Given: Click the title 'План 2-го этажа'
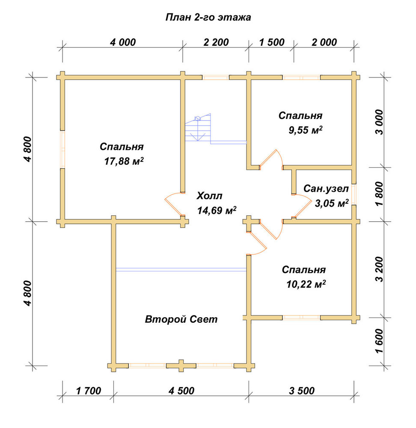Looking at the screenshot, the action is point(208,18).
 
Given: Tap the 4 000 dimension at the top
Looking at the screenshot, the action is point(123,42).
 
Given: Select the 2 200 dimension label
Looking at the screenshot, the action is point(216,42).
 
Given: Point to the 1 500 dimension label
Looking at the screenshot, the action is point(272,42).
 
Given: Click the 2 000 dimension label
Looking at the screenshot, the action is point(324,42).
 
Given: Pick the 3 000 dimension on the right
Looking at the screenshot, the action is point(380,122).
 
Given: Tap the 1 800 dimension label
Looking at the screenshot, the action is point(380,194).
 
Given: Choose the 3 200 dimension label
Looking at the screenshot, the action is point(380,269).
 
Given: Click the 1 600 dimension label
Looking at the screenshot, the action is point(380,341).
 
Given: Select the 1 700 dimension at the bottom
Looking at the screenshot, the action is point(89,391).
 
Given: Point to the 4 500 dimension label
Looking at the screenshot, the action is point(181,391).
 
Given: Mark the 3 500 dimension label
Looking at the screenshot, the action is point(302,391).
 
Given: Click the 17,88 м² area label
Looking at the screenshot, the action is point(124,161).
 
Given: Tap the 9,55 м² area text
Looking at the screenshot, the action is point(306,130).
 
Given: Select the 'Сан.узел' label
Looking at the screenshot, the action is point(326,189).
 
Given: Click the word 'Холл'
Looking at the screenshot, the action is point(210,196).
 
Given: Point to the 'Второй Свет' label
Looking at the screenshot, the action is point(181,319).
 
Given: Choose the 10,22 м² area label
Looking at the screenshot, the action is point(306,285).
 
